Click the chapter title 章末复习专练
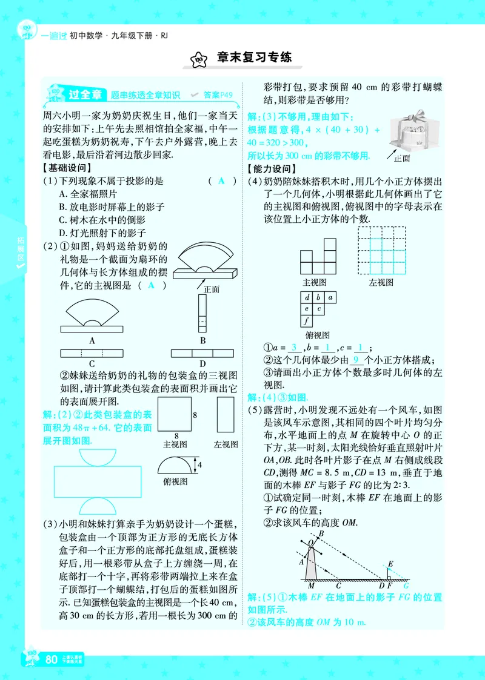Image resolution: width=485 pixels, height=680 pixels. (x=255, y=58)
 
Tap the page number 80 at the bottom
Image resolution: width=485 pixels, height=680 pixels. (x=52, y=659)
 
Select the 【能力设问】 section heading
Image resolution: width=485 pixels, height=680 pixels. (x=271, y=169)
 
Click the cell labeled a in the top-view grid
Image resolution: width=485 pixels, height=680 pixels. (x=329, y=297)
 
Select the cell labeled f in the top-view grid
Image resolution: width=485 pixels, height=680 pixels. (x=307, y=321)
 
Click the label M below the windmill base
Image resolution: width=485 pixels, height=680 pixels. (x=311, y=586)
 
